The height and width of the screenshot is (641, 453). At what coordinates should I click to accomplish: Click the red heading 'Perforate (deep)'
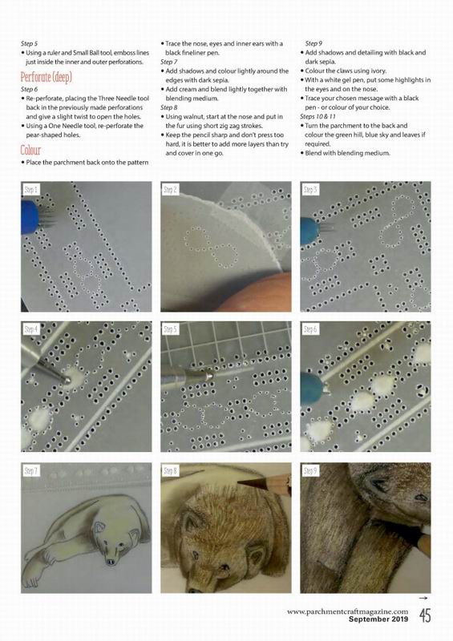coord(47,77)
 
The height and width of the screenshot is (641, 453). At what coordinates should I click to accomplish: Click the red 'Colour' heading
coord(30,150)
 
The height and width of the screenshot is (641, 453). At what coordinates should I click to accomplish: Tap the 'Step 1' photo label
coord(31,189)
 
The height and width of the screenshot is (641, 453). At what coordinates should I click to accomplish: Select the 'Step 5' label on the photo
coord(171,329)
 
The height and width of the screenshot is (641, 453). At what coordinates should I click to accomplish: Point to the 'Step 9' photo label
coord(310,471)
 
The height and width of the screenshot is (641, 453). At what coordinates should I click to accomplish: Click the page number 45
coord(425,615)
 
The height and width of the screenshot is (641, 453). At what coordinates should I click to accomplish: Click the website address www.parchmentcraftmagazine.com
coord(347,611)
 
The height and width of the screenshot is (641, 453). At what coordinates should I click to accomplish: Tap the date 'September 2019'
coord(378,619)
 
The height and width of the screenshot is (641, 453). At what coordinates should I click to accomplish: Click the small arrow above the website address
coord(423,598)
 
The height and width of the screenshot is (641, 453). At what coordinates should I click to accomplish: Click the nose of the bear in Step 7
coord(111,562)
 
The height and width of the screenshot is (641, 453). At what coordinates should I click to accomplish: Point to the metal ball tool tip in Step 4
coord(66,380)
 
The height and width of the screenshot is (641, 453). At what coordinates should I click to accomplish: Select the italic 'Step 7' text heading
coord(168,62)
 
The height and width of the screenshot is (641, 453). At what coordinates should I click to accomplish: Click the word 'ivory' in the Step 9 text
coord(378,71)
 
